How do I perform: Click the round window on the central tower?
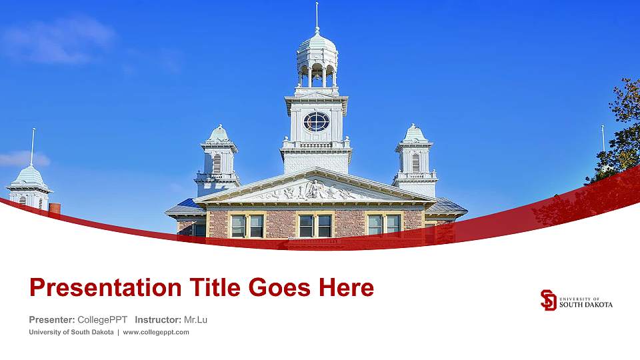(316, 121)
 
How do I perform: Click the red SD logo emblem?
(548, 300)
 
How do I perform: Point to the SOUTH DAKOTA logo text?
(586, 304)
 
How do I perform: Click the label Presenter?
(52, 320)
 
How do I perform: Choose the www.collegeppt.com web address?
(156, 332)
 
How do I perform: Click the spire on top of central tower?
(317, 15)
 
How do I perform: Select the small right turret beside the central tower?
(415, 157)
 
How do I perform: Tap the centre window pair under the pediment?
(315, 225)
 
